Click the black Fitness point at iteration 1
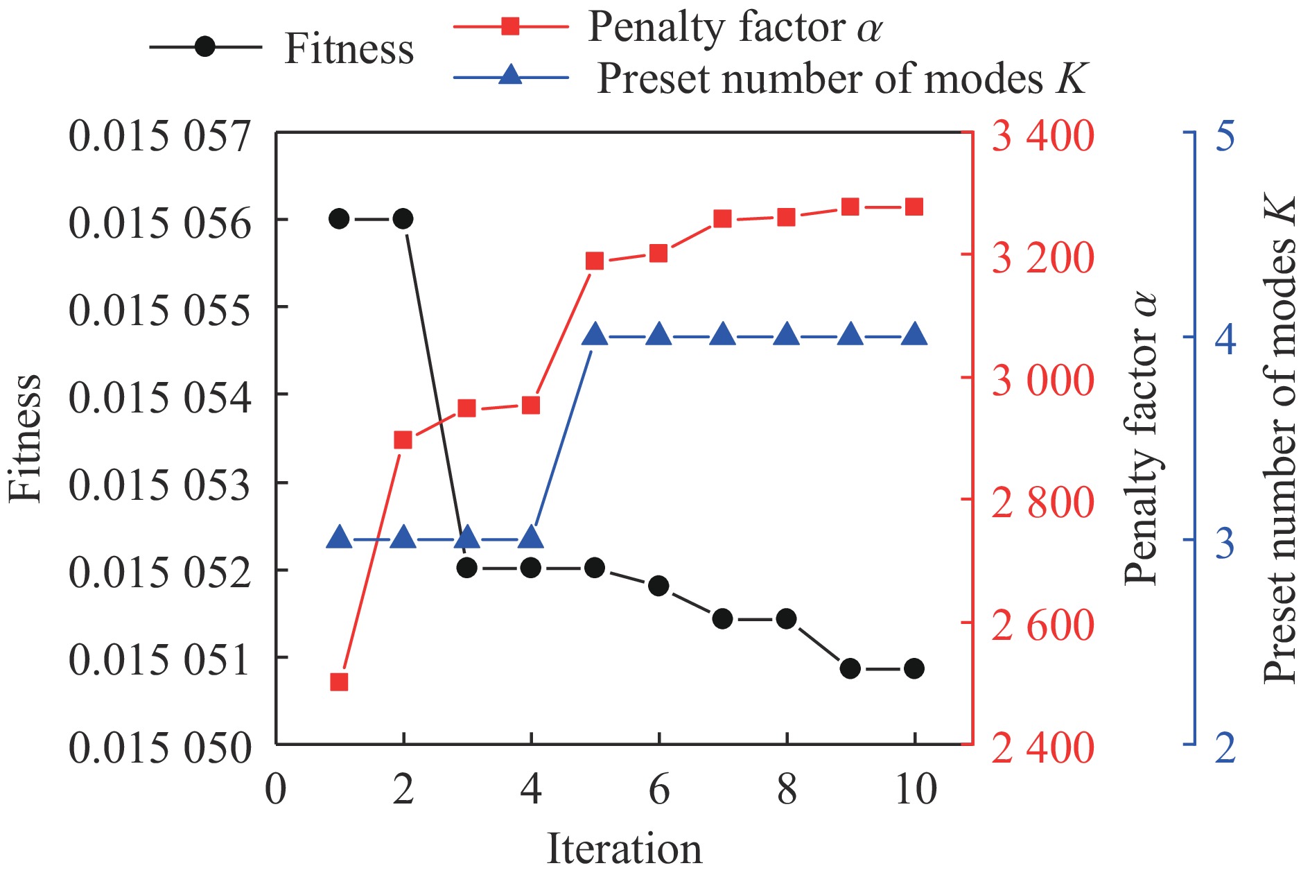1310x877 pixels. pos(339,219)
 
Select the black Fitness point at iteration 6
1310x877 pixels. pos(658,586)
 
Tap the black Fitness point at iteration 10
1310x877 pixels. pos(914,668)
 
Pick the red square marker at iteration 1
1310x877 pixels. pos(339,682)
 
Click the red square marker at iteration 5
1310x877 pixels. pos(595,261)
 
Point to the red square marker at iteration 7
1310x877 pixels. pos(722,219)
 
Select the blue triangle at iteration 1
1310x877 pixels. pos(339,537)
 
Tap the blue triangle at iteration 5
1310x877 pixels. pos(595,334)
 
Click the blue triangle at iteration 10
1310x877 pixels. pos(914,334)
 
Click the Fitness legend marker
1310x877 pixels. pos(205,47)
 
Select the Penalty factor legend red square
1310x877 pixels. pos(510,26)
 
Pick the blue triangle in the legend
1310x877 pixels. pos(510,75)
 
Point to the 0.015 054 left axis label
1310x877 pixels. pos(159,397)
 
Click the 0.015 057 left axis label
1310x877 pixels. pos(159,135)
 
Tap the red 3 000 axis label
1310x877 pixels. pos(1042,380)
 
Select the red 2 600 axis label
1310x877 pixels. pos(1042,625)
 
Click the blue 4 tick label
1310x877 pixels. pos(1225,340)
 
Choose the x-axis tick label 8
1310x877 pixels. pos(787,790)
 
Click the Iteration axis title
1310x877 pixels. pos(625,849)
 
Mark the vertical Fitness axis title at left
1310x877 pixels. pos(25,438)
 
